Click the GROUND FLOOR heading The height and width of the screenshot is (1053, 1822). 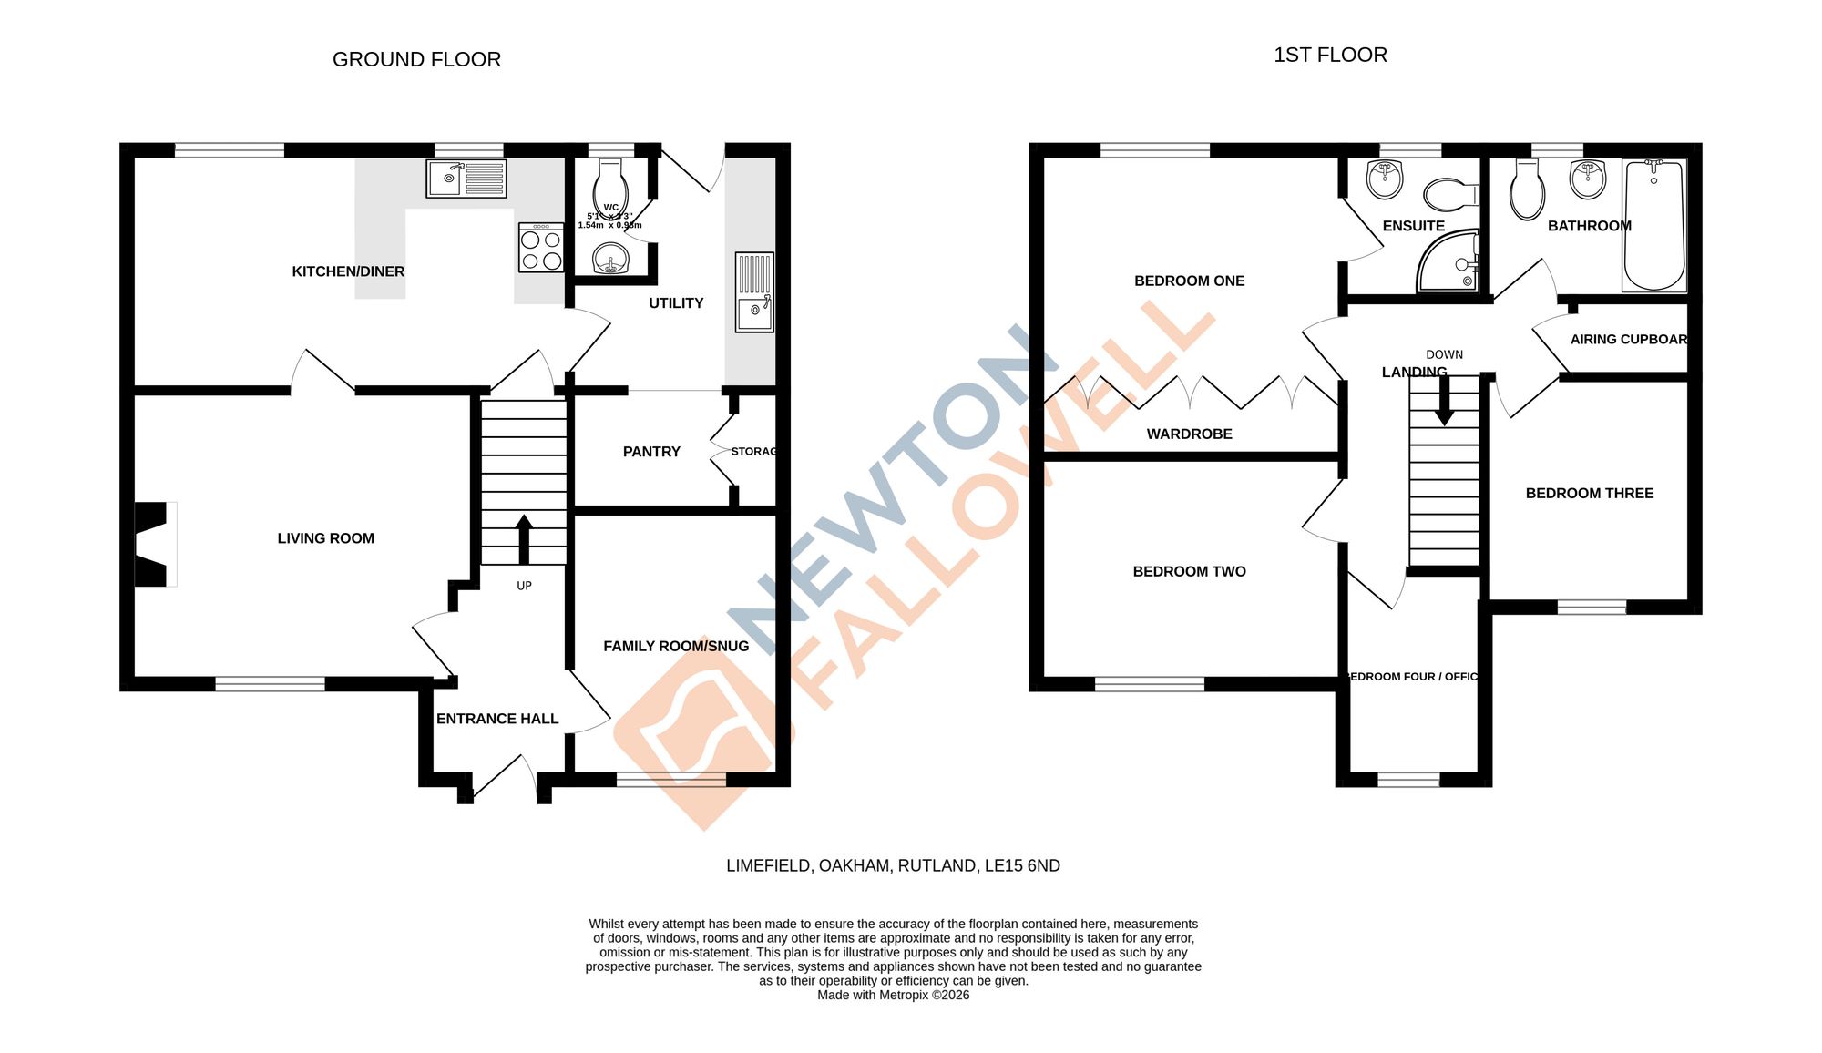[416, 60]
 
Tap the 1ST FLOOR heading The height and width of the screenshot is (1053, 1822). [1330, 56]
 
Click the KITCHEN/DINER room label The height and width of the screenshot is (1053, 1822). [348, 271]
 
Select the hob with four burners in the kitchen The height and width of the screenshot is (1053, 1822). [541, 249]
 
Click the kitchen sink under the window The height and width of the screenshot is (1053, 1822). [466, 179]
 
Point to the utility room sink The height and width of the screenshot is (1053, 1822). [754, 291]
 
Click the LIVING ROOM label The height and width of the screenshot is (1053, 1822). [325, 538]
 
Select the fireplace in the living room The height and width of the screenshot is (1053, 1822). [153, 544]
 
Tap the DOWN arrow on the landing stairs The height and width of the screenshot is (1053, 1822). [1444, 401]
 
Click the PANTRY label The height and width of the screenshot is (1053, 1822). [651, 452]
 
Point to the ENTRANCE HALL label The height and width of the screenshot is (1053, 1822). [497, 719]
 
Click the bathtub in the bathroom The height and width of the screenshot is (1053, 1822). [1653, 225]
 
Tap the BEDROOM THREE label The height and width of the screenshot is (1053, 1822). [1589, 494]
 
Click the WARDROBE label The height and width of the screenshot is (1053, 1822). [1189, 434]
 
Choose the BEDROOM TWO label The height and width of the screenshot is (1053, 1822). [1189, 572]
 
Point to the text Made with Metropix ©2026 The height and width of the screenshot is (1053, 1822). [893, 996]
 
